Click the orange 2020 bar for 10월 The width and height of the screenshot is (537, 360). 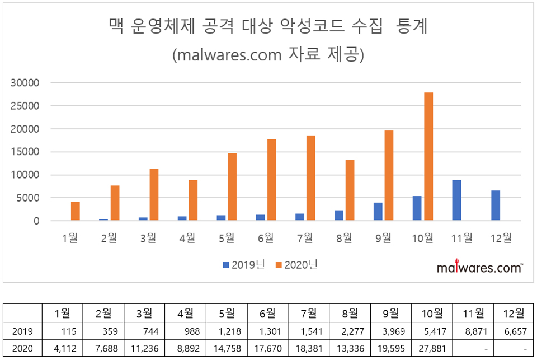click(x=428, y=157)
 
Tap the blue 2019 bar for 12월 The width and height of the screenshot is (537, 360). click(x=496, y=205)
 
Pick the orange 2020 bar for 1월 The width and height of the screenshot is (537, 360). click(x=76, y=212)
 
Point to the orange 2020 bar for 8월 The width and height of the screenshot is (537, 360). click(x=350, y=190)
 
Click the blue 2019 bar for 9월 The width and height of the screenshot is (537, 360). click(x=378, y=212)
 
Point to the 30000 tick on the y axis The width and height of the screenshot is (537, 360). click(x=25, y=83)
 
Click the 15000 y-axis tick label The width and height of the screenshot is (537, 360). click(x=25, y=152)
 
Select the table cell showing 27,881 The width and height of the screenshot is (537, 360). click(x=432, y=348)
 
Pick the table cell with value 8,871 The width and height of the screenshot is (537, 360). click(x=473, y=331)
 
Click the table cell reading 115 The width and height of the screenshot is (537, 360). click(x=63, y=331)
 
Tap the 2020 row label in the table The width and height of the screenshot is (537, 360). click(x=23, y=348)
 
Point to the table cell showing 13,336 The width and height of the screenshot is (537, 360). click(x=350, y=348)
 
